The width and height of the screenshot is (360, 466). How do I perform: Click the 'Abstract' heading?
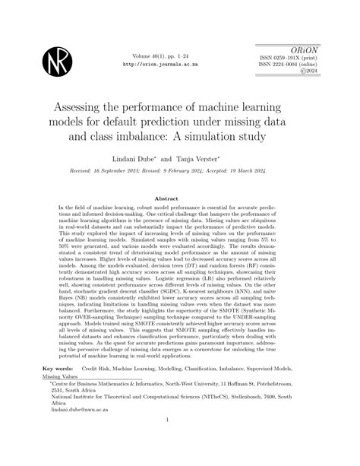click(179, 198)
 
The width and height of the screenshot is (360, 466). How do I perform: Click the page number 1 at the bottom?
click(180, 449)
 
